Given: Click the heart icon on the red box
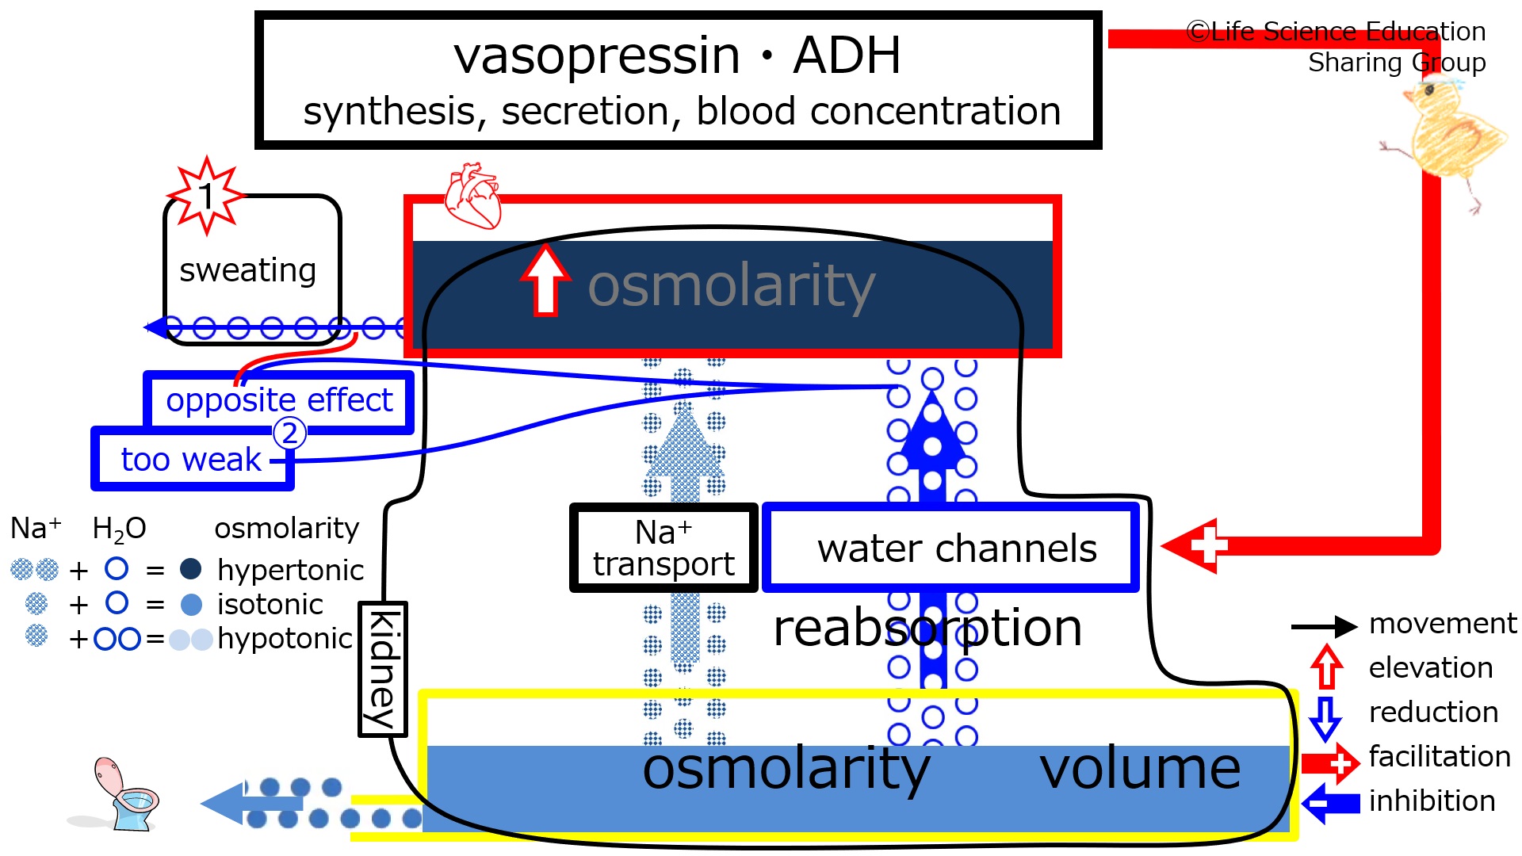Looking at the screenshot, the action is (472, 196).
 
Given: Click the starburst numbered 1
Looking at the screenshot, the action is (206, 195).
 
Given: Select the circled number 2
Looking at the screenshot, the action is (289, 433).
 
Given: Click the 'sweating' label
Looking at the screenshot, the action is (248, 270).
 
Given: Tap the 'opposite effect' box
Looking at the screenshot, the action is (279, 402).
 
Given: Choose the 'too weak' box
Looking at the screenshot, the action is (193, 459).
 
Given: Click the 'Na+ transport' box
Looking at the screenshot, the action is (663, 548).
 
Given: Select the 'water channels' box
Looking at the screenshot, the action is (951, 548).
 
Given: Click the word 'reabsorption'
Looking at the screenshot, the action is (927, 629).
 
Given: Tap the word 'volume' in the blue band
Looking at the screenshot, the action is (1140, 769).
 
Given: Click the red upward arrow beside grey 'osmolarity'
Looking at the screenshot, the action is (545, 280).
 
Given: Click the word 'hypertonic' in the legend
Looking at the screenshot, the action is (290, 571).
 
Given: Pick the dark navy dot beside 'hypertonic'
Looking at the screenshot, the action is (190, 568).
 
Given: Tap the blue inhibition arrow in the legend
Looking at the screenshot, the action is (1331, 803).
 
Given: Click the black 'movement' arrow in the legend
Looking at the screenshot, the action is (1324, 627).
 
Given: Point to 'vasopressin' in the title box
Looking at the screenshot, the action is (597, 57).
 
